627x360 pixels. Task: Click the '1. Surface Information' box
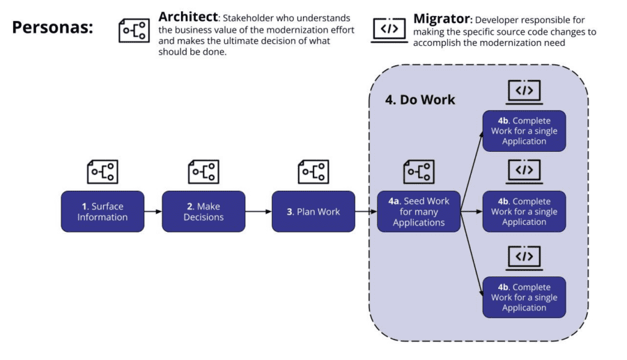pyautogui.click(x=102, y=212)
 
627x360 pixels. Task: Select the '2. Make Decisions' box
pyautogui.click(x=203, y=212)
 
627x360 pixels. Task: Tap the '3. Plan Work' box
pyautogui.click(x=313, y=212)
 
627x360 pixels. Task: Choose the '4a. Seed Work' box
pyautogui.click(x=419, y=212)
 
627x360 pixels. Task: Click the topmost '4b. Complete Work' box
pyautogui.click(x=524, y=131)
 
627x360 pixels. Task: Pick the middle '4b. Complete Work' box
pyautogui.click(x=524, y=212)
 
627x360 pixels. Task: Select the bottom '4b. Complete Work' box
pyautogui.click(x=524, y=297)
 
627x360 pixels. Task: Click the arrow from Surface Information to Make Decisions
pyautogui.click(x=153, y=212)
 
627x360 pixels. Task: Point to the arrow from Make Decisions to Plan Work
pyautogui.click(x=258, y=212)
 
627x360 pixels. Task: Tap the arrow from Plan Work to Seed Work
pyautogui.click(x=366, y=212)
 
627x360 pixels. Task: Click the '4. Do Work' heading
pyautogui.click(x=420, y=100)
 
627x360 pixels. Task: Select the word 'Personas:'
pyautogui.click(x=52, y=28)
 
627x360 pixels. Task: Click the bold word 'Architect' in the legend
pyautogui.click(x=188, y=17)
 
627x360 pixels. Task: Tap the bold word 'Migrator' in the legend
pyautogui.click(x=442, y=19)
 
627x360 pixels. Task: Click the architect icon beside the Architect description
pyautogui.click(x=134, y=31)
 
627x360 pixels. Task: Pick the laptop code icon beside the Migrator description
pyautogui.click(x=389, y=30)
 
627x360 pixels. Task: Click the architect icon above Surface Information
pyautogui.click(x=102, y=172)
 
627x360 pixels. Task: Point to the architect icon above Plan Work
pyautogui.click(x=313, y=172)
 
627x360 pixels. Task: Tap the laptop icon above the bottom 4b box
pyautogui.click(x=524, y=258)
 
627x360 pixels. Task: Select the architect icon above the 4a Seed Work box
pyautogui.click(x=419, y=172)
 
